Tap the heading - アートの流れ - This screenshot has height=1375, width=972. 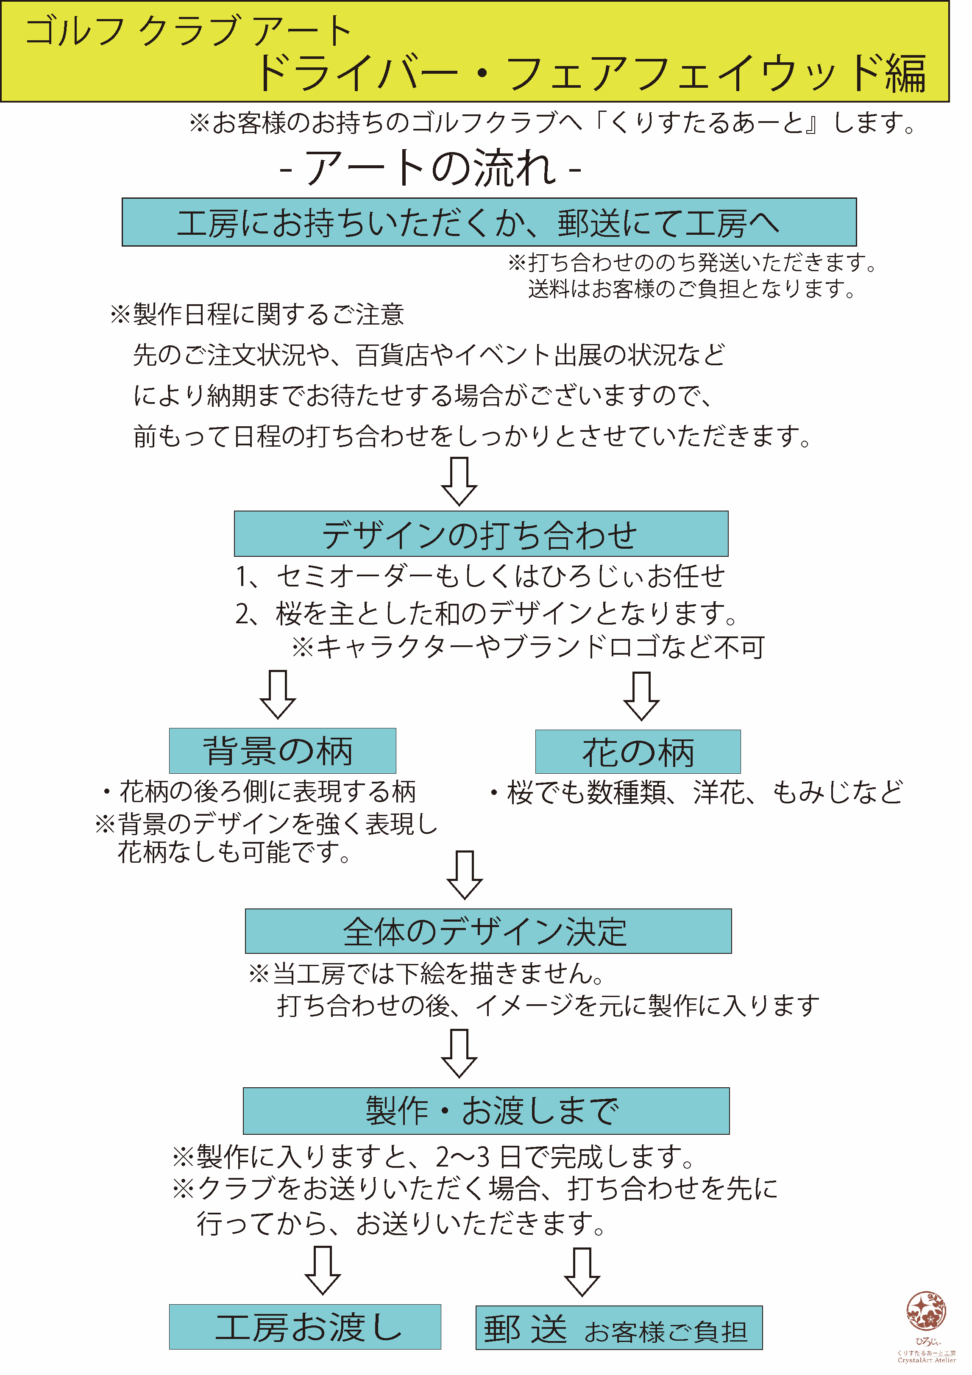(x=430, y=168)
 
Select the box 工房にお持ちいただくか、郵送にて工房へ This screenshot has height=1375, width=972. (x=489, y=222)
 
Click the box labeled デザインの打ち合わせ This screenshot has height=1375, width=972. (x=481, y=533)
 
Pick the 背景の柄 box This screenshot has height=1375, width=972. (x=282, y=751)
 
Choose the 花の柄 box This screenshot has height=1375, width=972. (x=638, y=752)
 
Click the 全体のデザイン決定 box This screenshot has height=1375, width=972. (x=488, y=931)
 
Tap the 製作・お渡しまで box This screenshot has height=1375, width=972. (x=486, y=1111)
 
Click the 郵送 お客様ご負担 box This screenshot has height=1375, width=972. (x=618, y=1328)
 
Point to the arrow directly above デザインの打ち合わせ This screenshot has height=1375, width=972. (x=459, y=481)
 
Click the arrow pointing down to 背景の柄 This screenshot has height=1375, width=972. (x=278, y=694)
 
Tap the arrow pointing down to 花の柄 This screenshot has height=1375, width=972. (x=641, y=696)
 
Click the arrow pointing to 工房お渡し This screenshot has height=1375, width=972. (x=323, y=1270)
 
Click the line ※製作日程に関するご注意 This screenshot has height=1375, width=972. (x=257, y=314)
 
